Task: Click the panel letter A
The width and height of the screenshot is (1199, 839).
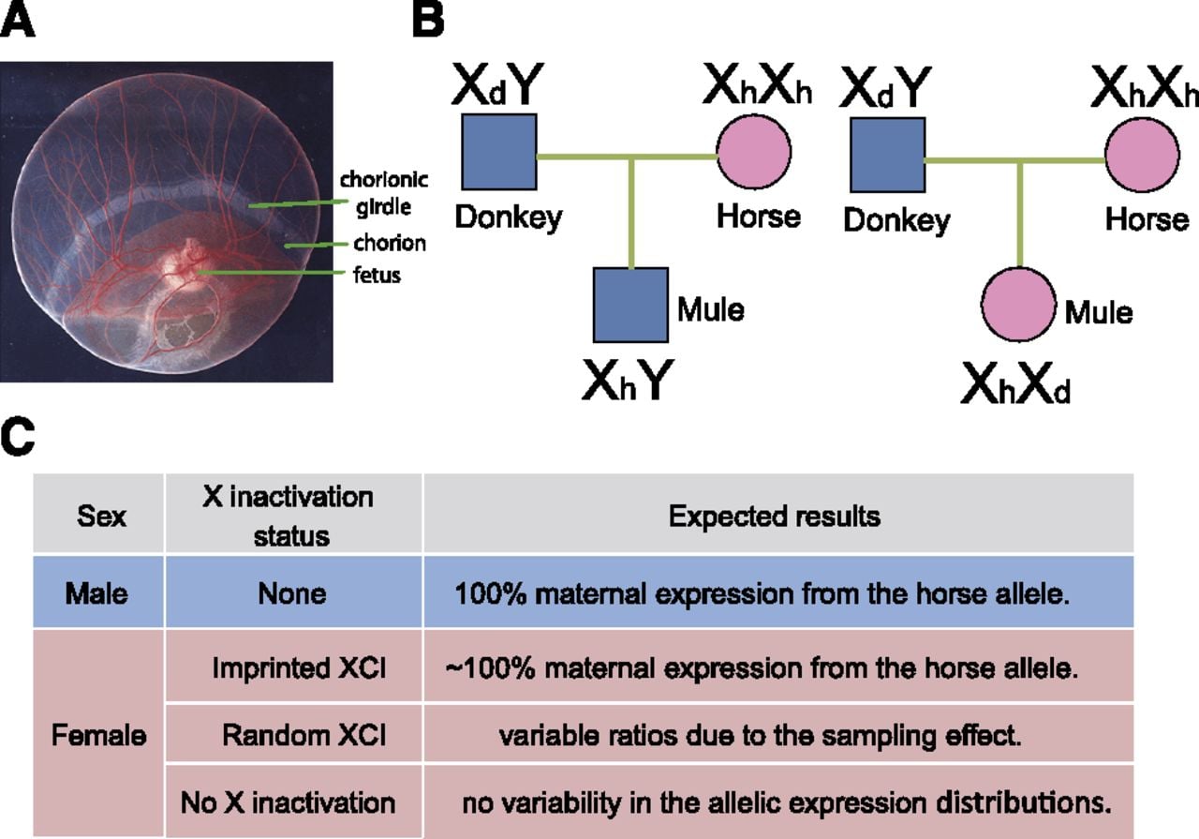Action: (17, 21)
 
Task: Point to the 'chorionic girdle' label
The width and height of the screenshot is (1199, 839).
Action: (384, 193)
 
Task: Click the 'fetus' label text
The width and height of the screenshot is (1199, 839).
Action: (377, 275)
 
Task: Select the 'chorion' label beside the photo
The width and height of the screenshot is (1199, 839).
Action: (390, 243)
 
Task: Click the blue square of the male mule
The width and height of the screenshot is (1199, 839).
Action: (630, 305)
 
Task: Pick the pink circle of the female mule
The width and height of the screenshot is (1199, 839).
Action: (1018, 305)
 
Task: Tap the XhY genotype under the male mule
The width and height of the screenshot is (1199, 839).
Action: (628, 380)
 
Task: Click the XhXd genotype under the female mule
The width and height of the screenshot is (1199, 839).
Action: (1015, 382)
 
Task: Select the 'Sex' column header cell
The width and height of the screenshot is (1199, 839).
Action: (99, 513)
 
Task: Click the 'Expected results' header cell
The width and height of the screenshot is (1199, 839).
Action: (778, 513)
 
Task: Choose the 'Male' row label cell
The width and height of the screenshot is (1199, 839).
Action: (99, 592)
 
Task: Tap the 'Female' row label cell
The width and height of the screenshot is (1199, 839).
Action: (99, 733)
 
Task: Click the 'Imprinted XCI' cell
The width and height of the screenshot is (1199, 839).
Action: (293, 666)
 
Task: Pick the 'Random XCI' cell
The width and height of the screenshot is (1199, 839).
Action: (293, 733)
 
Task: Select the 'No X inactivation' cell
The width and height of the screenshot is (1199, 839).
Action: (293, 802)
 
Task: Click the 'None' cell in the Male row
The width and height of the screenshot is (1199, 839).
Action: (293, 592)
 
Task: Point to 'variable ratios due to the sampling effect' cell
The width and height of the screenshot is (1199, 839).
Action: (778, 733)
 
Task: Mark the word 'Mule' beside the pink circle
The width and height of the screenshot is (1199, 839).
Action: (1099, 312)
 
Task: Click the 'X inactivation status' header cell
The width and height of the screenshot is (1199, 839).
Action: (293, 513)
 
